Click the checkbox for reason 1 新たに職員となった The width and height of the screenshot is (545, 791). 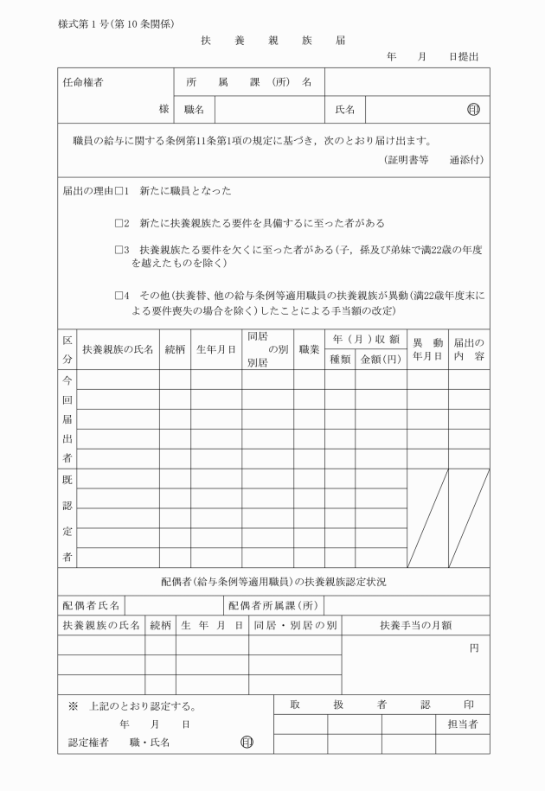(x=120, y=190)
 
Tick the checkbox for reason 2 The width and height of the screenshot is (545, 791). (x=120, y=222)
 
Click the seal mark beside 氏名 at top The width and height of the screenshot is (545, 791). (x=472, y=110)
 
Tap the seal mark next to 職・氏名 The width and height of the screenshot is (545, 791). (x=247, y=742)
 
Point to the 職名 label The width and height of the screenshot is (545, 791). (x=194, y=110)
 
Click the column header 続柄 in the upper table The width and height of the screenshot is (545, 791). (x=175, y=349)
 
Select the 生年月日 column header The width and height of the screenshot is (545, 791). (x=215, y=349)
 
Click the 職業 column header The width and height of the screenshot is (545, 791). (x=309, y=349)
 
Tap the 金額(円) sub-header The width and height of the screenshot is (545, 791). (x=380, y=359)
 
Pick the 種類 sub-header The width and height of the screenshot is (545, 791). (x=339, y=359)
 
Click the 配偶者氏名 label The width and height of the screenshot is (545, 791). (x=91, y=604)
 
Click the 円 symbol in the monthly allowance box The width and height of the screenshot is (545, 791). (x=474, y=646)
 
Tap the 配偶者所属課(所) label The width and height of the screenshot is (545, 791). (x=275, y=604)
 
